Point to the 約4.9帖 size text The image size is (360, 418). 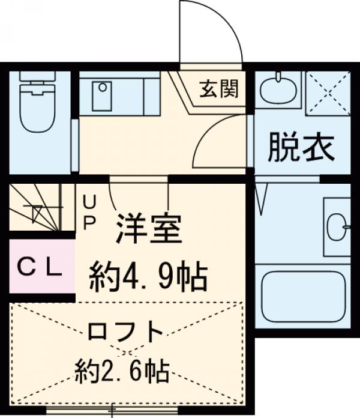pyautogui.click(x=148, y=276)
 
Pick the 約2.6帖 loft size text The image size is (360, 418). pyautogui.click(x=122, y=372)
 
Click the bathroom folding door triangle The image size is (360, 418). pyautogui.click(x=262, y=198)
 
